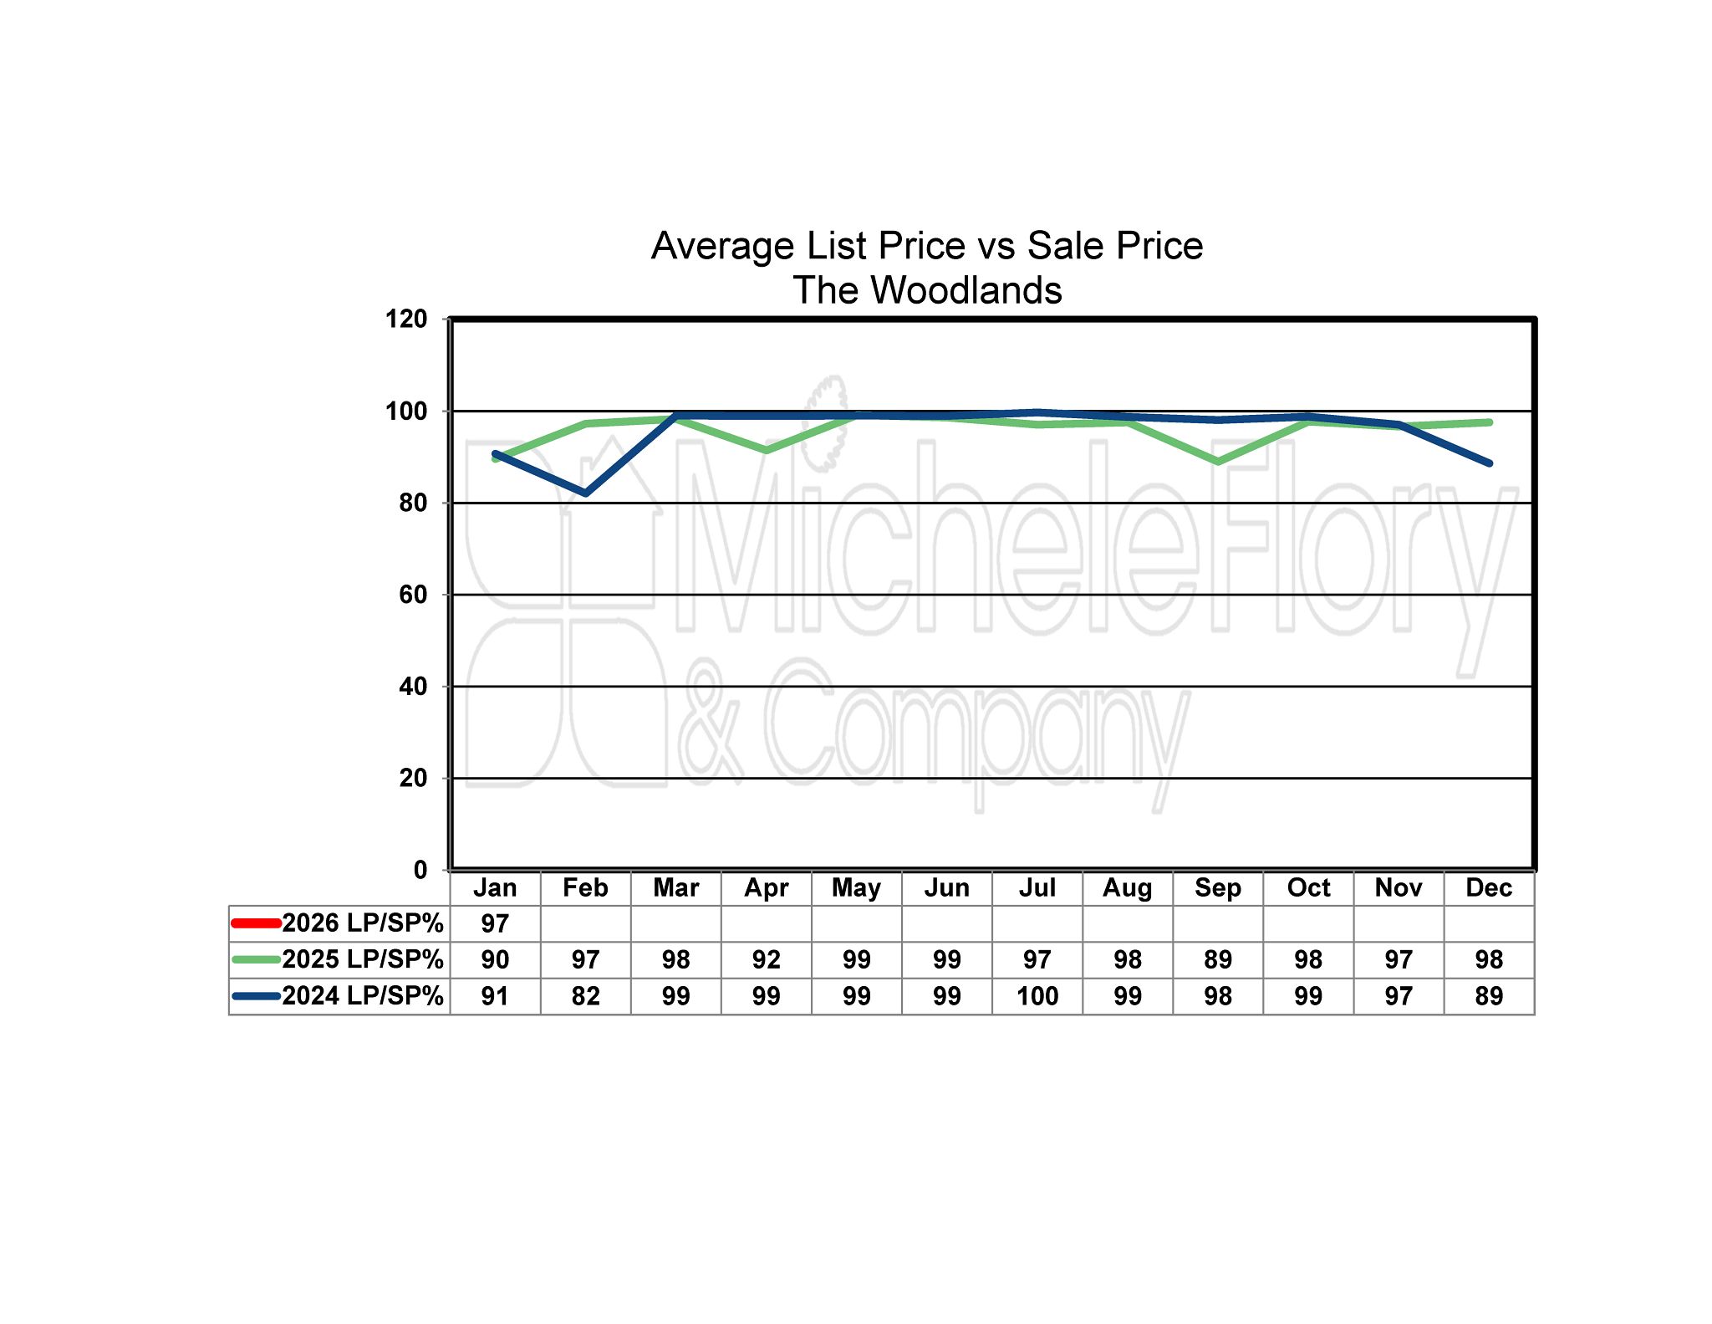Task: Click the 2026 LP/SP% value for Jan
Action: click(x=495, y=923)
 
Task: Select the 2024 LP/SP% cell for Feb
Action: click(x=585, y=996)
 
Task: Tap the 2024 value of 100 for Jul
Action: click(x=1037, y=996)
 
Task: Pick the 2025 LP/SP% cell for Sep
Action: click(x=1218, y=959)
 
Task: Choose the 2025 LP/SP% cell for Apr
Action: click(x=766, y=959)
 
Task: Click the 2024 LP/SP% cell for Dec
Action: click(x=1489, y=996)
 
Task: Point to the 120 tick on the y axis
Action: click(x=406, y=319)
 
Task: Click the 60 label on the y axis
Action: click(x=413, y=595)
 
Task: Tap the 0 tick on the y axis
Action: click(x=420, y=870)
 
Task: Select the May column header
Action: click(x=856, y=887)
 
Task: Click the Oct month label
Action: click(x=1308, y=887)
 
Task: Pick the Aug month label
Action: click(x=1128, y=887)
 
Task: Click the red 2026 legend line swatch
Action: click(x=256, y=923)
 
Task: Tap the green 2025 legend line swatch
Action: click(x=256, y=959)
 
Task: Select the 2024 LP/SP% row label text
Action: click(x=362, y=996)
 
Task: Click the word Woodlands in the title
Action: click(x=966, y=290)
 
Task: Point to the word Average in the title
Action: click(x=723, y=246)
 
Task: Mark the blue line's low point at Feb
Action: click(x=586, y=493)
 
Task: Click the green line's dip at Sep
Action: click(x=1218, y=462)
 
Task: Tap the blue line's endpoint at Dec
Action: click(x=1489, y=463)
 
